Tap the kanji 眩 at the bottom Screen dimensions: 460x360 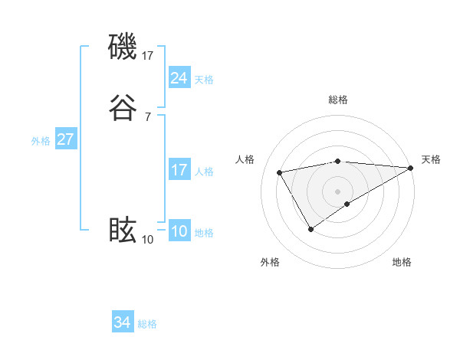(123, 230)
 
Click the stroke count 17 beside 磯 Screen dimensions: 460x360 (148, 55)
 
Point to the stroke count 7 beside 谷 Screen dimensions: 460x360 (148, 116)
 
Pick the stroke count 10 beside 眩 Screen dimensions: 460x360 (148, 239)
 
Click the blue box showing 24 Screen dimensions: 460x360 (179, 78)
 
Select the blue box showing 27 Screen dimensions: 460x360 (66, 139)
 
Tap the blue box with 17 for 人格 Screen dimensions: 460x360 (179, 170)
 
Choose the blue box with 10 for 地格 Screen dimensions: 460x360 (179, 231)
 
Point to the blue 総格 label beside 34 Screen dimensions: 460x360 (147, 324)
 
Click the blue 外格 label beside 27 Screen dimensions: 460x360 (41, 141)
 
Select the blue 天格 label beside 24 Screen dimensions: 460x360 (204, 80)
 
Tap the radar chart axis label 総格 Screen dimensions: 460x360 (338, 100)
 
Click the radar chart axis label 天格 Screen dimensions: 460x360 (431, 159)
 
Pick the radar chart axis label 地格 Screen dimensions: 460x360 (402, 262)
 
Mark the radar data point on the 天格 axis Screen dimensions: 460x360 (411, 168)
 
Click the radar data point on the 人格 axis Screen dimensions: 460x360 (280, 172)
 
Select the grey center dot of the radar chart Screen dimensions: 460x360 (338, 191)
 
